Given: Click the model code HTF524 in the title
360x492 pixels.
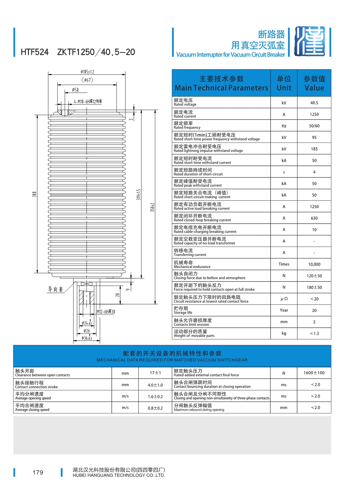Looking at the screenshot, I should coord(35,52).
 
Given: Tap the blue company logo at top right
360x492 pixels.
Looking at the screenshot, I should coord(310,42).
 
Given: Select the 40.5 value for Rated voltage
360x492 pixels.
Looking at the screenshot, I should coord(314,103).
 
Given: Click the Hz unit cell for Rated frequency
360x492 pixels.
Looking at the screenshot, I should coord(284,126).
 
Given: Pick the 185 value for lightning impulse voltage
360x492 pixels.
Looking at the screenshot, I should coord(314,149).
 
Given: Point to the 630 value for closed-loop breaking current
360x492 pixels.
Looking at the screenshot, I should coord(314,218).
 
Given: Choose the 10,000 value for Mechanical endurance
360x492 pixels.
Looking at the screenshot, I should coord(314,264).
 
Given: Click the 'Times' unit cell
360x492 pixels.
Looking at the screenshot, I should coord(284,264).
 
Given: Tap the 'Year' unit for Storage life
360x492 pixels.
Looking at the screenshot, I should coord(284,310).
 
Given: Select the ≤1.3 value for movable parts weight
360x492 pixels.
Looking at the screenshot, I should coord(314,334).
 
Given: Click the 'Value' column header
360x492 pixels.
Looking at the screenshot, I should coord(314,83).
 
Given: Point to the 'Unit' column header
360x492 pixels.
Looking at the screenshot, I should coord(284,83).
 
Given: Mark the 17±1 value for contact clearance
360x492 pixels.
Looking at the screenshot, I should coord(155,373).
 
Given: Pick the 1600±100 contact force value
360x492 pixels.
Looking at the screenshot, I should coord(314,373).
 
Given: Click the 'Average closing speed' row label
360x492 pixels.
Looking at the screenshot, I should coord(32,408).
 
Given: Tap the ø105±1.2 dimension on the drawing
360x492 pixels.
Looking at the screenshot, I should coord(87,72).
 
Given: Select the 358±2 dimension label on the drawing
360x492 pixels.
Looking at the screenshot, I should coord(152,207).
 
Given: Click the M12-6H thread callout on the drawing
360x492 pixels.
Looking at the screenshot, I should coord(106,312).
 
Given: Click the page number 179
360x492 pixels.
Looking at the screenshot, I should coord(38,473).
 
